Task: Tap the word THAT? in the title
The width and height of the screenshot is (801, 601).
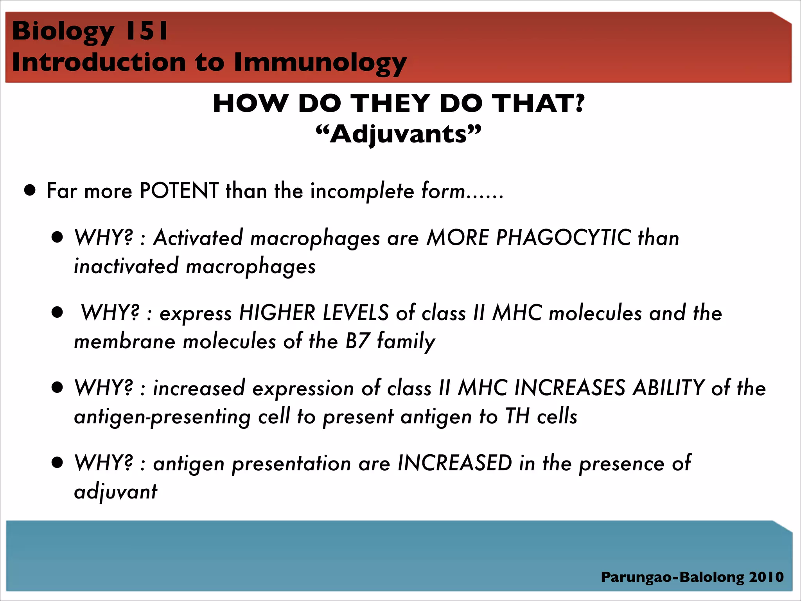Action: (538, 104)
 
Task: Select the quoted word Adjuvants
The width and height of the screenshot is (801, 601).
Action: (399, 135)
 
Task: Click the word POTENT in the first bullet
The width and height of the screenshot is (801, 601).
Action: (179, 191)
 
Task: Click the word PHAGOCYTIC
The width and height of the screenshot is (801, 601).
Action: (563, 238)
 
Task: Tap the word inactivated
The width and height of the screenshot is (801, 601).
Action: (126, 266)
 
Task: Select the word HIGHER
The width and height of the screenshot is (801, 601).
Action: (277, 313)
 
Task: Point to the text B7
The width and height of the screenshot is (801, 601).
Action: (357, 341)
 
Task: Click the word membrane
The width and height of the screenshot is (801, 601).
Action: (124, 341)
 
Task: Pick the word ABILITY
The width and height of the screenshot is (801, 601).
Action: (668, 388)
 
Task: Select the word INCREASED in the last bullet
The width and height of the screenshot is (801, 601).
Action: (454, 463)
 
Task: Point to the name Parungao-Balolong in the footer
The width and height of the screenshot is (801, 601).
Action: (672, 577)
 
